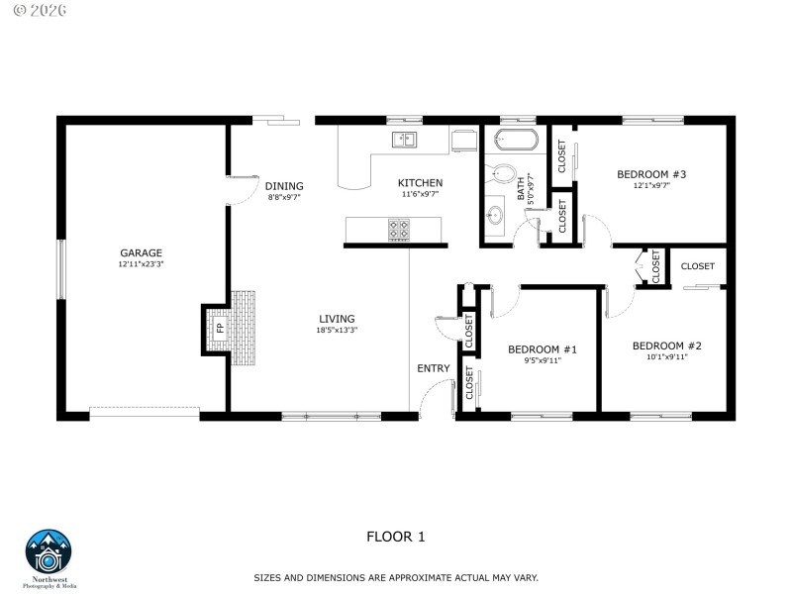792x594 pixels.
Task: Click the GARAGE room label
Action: (142, 252)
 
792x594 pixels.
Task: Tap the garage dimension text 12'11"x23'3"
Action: (142, 264)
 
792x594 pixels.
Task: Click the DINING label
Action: (284, 186)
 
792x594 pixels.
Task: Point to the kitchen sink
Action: (404, 139)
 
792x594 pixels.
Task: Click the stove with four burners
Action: (399, 230)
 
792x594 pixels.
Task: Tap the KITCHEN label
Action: (420, 183)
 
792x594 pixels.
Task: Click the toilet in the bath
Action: (504, 176)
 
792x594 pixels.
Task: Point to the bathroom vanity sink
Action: (495, 213)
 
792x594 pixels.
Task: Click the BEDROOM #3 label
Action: (651, 174)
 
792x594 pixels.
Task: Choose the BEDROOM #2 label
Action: (667, 346)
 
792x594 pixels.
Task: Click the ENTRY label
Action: (433, 368)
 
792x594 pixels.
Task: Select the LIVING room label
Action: (336, 319)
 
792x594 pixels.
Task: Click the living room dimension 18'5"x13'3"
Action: (336, 330)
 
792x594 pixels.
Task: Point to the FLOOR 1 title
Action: (395, 537)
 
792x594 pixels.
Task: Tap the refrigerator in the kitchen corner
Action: (463, 141)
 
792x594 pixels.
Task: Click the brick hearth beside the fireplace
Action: (244, 328)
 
